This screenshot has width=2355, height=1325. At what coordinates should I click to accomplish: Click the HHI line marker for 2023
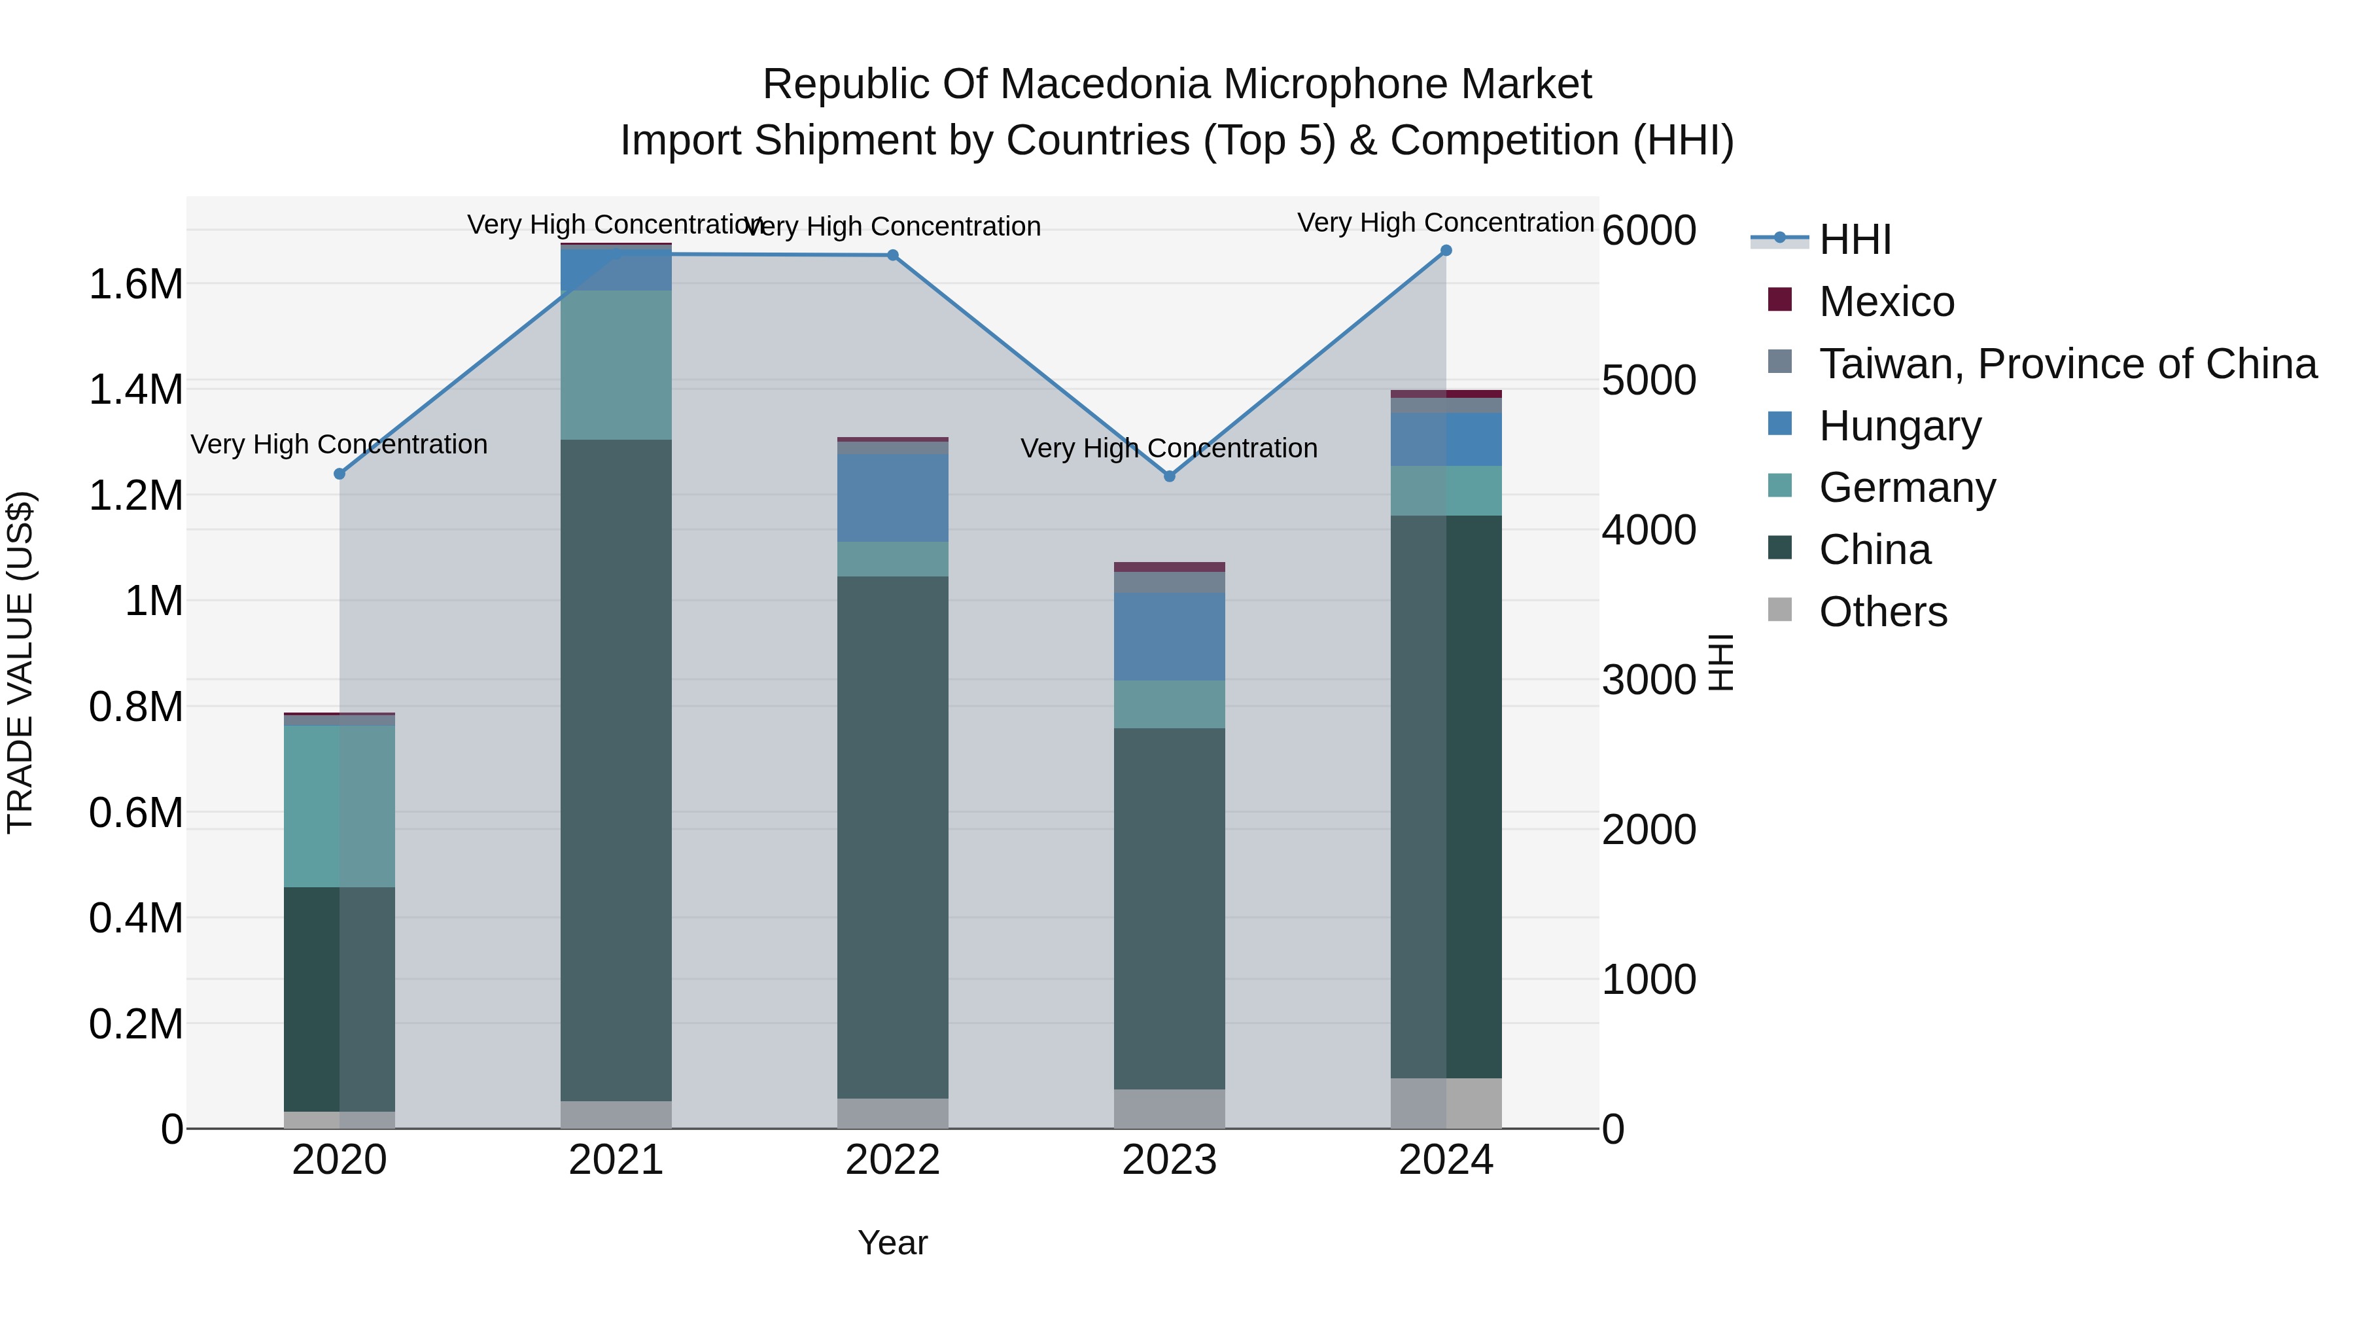pyautogui.click(x=1169, y=476)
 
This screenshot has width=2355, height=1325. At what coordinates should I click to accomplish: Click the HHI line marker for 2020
pyautogui.click(x=339, y=474)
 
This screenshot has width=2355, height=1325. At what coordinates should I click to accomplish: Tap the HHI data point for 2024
pyautogui.click(x=1445, y=250)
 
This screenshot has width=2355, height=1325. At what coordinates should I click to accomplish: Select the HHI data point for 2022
pyautogui.click(x=892, y=255)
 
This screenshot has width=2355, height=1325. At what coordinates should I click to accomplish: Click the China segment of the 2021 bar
pyautogui.click(x=616, y=770)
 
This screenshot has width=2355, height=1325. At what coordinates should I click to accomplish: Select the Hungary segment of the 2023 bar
pyautogui.click(x=1169, y=637)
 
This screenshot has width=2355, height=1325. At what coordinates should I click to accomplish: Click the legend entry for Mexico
pyautogui.click(x=1886, y=302)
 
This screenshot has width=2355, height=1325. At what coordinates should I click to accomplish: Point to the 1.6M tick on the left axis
pyautogui.click(x=135, y=285)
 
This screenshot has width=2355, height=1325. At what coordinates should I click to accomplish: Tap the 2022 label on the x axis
pyautogui.click(x=892, y=1160)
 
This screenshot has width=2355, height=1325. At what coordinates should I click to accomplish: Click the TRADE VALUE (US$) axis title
pyautogui.click(x=20, y=662)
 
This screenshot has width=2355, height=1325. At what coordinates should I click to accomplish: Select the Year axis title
pyautogui.click(x=892, y=1243)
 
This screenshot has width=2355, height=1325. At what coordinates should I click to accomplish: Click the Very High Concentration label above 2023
pyautogui.click(x=1168, y=448)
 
